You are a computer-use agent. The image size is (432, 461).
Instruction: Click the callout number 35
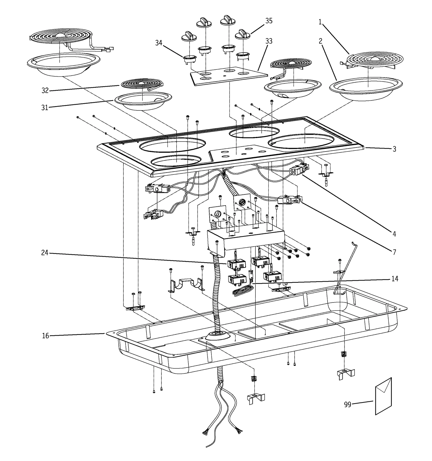point(269,21)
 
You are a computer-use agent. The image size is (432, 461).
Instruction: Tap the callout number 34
point(159,43)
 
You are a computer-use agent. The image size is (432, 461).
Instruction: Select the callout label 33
point(269,41)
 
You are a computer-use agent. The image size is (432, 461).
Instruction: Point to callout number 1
point(320,22)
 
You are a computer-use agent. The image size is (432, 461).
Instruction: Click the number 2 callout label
point(320,41)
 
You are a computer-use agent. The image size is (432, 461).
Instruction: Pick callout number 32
point(45,90)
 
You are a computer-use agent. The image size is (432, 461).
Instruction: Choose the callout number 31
point(45,107)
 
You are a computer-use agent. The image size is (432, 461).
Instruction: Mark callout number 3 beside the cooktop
point(394,149)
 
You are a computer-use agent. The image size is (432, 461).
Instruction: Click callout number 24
point(45,253)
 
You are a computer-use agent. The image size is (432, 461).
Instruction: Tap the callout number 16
point(45,336)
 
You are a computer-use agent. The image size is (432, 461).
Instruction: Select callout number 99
point(347,404)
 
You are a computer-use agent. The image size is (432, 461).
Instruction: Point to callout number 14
point(394,278)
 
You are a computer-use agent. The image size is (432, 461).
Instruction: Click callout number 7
point(394,252)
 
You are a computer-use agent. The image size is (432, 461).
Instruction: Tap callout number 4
point(394,234)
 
